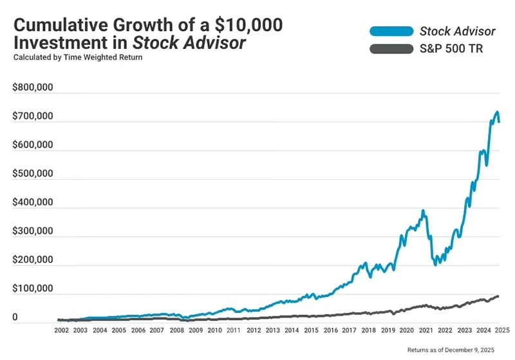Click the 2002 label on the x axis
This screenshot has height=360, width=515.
coord(62,330)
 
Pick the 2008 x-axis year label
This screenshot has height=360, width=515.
coord(177,330)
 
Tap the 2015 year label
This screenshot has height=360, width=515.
coord(311,330)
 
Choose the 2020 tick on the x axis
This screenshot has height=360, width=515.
coord(406,330)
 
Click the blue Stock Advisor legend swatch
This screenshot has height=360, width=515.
coord(390,30)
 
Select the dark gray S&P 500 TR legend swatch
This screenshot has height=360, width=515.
coord(390,49)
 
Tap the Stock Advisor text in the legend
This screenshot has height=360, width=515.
coord(458,30)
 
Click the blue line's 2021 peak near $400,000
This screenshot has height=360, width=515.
coord(423,211)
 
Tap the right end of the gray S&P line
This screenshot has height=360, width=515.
coord(498,296)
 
